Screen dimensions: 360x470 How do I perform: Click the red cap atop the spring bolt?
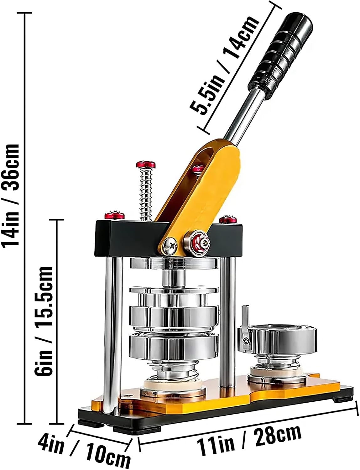click(146, 164)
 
